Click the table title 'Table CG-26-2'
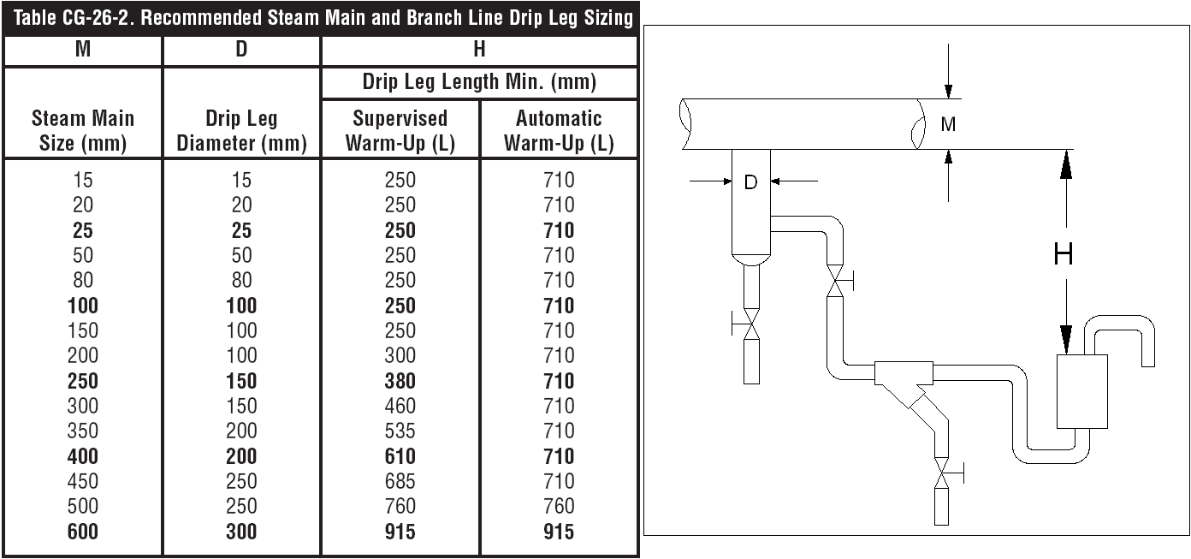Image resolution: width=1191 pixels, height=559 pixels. [74, 18]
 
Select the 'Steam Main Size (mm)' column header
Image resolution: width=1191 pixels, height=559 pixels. [82, 130]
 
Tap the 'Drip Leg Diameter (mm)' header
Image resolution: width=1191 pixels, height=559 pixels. [241, 130]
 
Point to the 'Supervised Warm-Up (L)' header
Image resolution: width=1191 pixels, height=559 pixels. [400, 130]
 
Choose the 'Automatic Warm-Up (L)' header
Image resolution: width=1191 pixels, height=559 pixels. [559, 130]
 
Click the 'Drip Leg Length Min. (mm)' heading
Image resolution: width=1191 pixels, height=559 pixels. [479, 82]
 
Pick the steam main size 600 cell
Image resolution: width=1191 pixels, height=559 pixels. [82, 532]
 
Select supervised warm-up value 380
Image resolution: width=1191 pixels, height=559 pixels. [400, 381]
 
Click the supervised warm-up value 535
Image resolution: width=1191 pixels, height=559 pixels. [400, 431]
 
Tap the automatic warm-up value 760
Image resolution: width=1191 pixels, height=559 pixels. [559, 506]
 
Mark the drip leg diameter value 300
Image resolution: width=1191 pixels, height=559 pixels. [241, 532]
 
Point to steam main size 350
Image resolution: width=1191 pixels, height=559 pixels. [82, 431]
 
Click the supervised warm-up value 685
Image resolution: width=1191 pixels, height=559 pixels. [400, 481]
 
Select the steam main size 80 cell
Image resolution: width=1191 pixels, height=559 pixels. [82, 280]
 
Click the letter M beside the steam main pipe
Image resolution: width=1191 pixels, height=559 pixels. [948, 124]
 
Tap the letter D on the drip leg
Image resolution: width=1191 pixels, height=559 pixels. [750, 182]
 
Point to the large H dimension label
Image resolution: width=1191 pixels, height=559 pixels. [1064, 253]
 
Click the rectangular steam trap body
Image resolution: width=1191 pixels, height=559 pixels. [1082, 391]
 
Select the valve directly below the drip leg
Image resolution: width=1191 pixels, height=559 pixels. [750, 324]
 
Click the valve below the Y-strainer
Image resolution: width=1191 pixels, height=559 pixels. [942, 473]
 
